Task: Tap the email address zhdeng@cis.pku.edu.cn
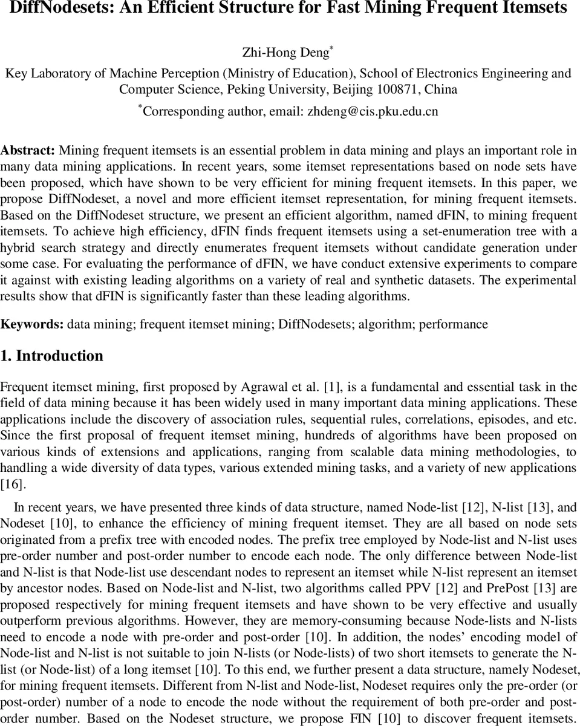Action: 373,111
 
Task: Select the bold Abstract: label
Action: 28,150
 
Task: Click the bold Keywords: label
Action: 31,324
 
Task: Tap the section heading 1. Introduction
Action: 51,356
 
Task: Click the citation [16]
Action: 11,483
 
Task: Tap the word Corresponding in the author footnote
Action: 178,111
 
